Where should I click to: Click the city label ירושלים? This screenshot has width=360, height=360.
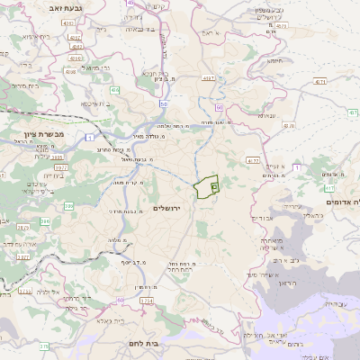pos(168,208)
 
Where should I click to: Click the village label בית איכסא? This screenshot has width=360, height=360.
pos(95,103)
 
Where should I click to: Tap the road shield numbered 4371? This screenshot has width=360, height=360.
pos(208,78)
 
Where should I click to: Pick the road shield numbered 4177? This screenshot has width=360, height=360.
pos(253,161)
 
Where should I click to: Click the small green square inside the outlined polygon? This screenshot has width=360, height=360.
pos(214,186)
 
